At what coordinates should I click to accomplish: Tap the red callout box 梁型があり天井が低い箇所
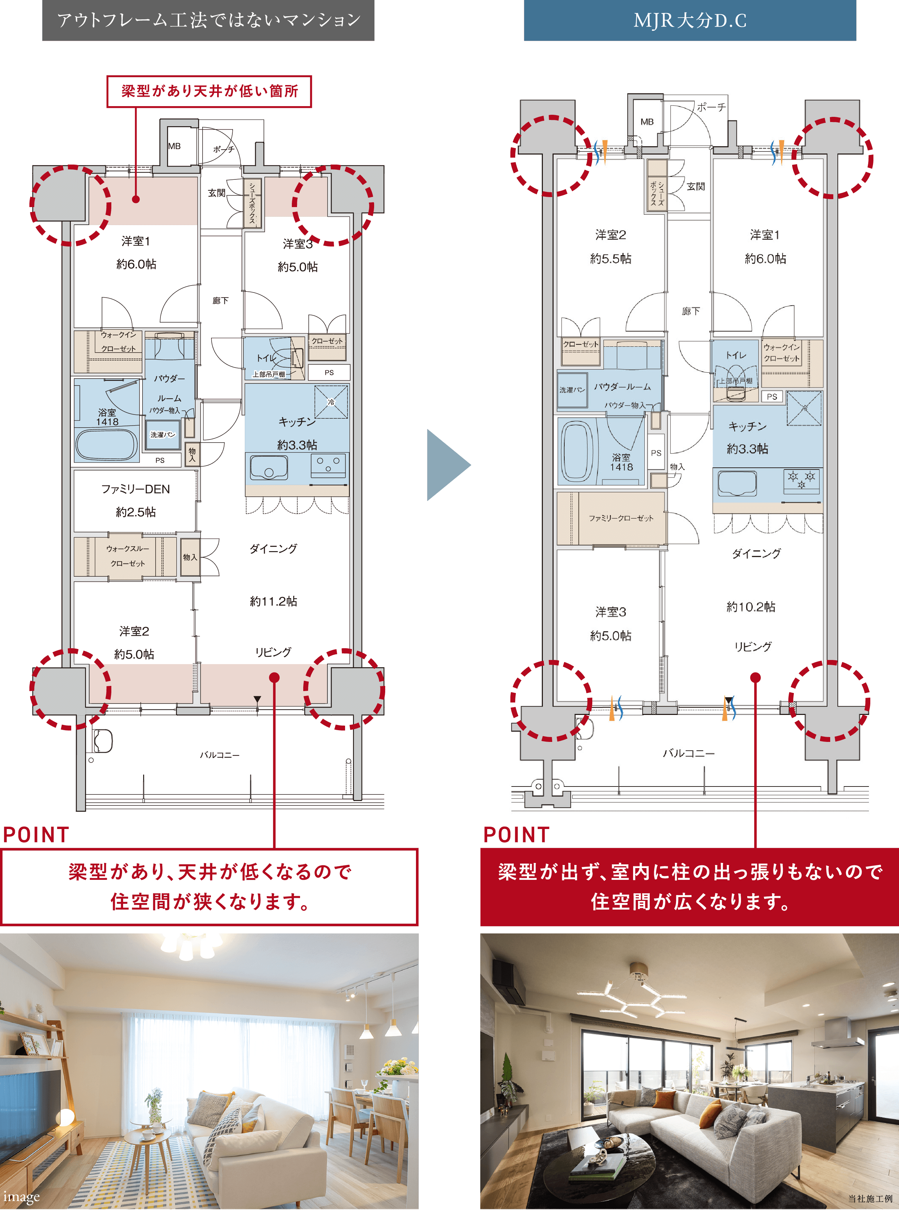[209, 91]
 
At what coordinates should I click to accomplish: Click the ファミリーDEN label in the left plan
[136, 489]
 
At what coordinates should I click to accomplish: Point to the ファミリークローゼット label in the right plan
[621, 518]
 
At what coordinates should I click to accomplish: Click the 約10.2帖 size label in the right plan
[751, 607]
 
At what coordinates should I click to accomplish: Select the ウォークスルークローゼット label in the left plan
[127, 556]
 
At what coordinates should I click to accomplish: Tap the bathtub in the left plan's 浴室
[106, 445]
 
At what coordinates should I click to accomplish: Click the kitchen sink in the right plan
[737, 483]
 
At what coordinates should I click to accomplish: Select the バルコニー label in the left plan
[219, 755]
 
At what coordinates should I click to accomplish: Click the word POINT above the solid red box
[517, 835]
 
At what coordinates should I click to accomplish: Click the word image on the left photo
[21, 1197]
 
